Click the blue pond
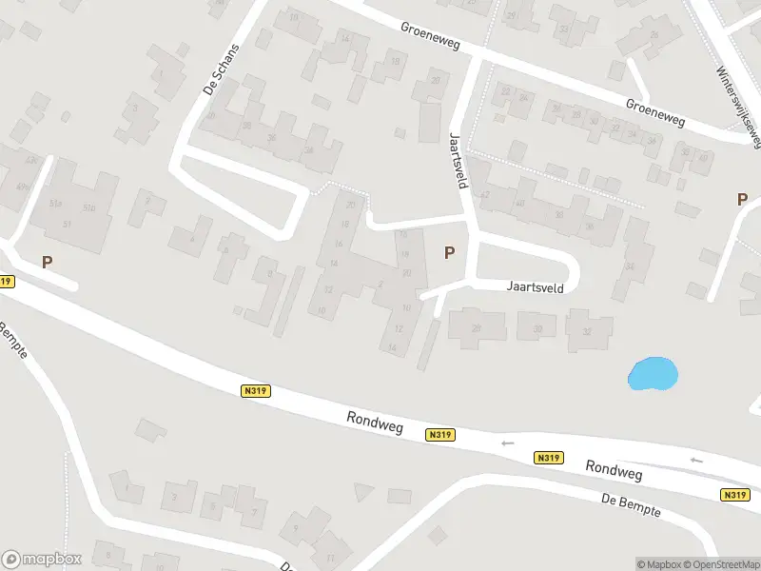(652, 373)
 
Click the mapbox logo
(42, 560)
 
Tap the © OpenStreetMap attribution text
(721, 564)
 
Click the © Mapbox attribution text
(657, 564)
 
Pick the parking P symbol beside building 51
(47, 261)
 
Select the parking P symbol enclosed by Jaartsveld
(449, 252)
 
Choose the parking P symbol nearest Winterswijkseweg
(742, 199)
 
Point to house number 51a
(55, 203)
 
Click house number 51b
(89, 207)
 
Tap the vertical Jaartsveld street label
(457, 160)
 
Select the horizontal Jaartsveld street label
(536, 285)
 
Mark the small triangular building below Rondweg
(363, 492)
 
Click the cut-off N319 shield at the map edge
(6, 282)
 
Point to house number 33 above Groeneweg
(565, 30)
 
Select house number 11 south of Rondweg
(331, 559)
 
